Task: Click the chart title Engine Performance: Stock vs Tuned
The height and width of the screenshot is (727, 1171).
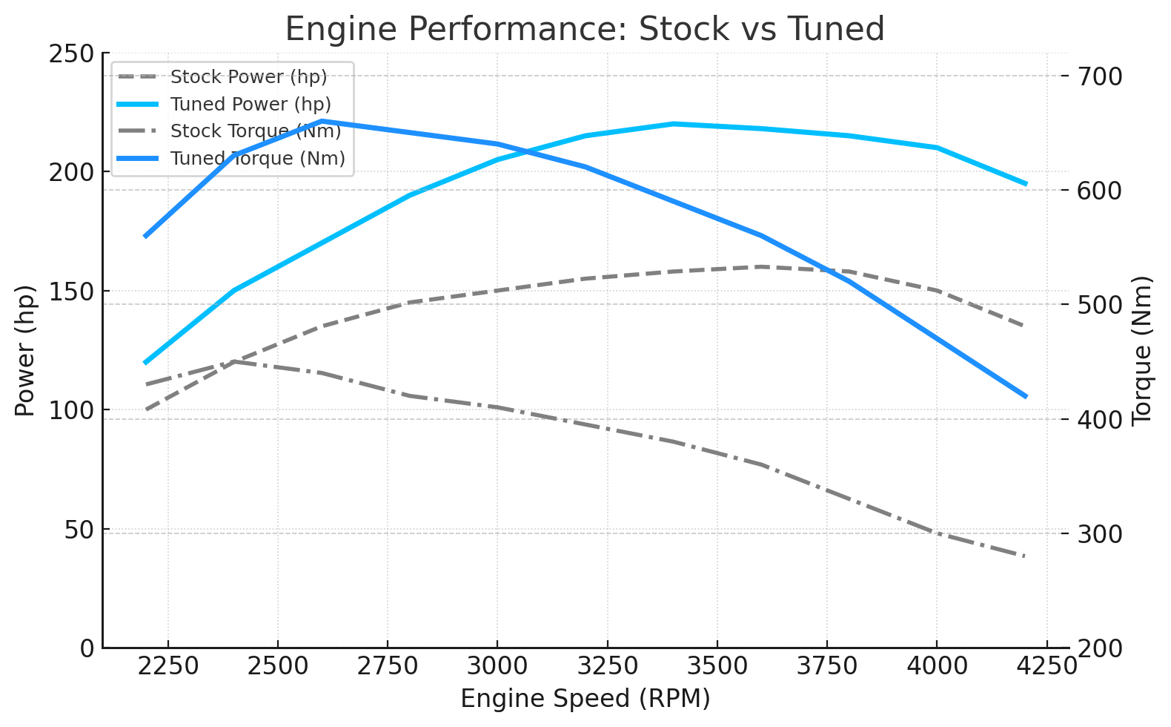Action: [585, 30]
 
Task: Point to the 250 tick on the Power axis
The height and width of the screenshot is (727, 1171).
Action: [73, 53]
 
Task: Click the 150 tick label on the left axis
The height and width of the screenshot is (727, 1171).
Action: [73, 292]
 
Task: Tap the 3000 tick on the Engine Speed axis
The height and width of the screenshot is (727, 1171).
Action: [497, 665]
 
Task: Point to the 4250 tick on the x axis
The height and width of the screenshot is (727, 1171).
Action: [1046, 665]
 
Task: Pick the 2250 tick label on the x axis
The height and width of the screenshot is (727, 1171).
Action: [168, 665]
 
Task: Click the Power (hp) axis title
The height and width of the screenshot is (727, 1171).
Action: [25, 351]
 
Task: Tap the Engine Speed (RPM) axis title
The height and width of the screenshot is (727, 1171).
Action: [585, 699]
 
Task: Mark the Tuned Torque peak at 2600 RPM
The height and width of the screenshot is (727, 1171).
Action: [322, 121]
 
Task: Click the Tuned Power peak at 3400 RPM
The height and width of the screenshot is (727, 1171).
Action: [673, 124]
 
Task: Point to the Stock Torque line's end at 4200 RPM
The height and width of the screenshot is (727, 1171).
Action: [1026, 556]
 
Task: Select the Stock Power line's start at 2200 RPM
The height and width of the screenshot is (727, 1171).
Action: [146, 409]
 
